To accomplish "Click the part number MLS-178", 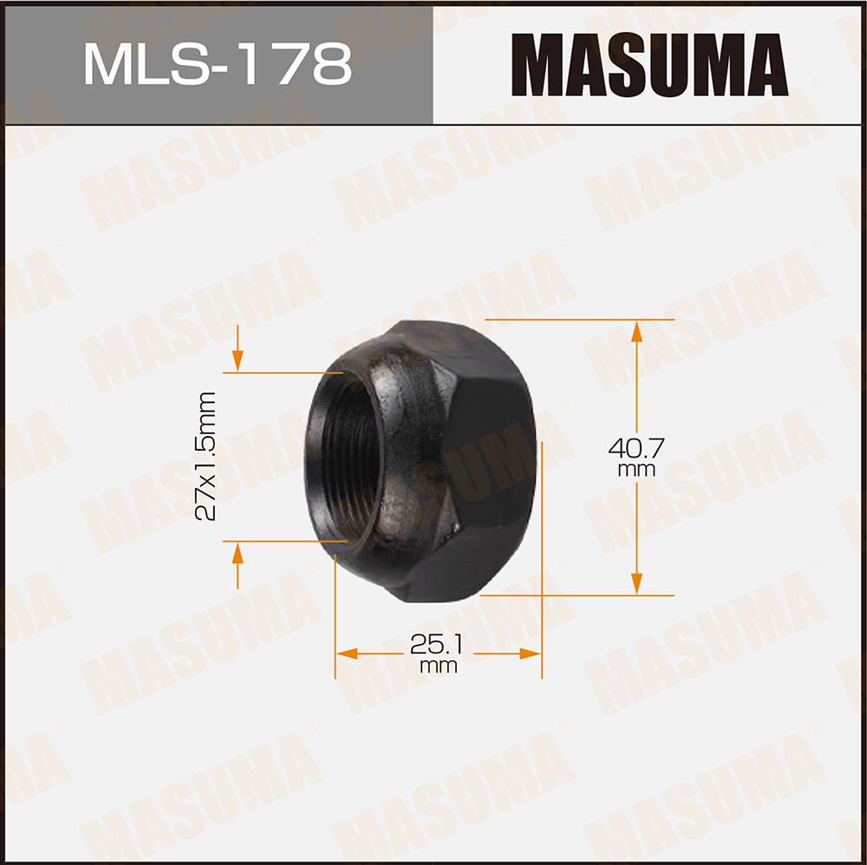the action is pos(218,65).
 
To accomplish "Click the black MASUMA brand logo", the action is pos(649,65).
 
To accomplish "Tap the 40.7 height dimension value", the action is pos(636,446).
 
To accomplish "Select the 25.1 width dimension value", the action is pos(436,644).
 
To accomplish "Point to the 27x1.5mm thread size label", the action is pos(205,456).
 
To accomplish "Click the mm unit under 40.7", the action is pos(636,471).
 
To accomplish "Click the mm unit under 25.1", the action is pos(438,666).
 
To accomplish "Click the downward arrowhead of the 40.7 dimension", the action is pos(636,584).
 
